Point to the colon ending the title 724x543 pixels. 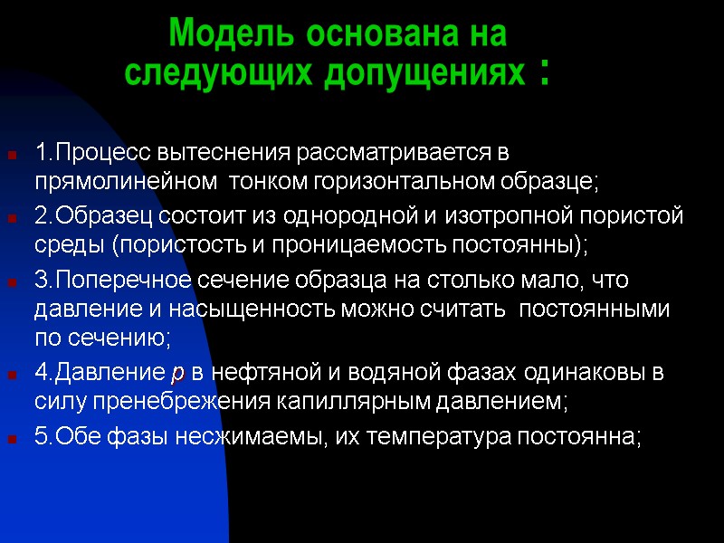[x=543, y=72]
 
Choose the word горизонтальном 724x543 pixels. [x=402, y=180]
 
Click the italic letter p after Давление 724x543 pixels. [x=176, y=374]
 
